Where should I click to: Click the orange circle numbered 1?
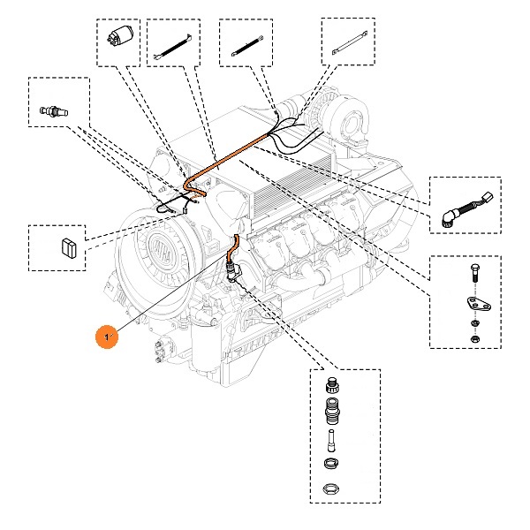click(107, 337)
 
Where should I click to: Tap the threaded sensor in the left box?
click(54, 112)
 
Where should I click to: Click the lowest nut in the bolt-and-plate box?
click(473, 337)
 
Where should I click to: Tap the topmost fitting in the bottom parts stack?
click(333, 386)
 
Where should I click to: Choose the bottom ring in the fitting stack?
click(332, 488)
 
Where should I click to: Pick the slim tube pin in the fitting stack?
click(332, 437)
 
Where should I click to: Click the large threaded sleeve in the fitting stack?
click(333, 411)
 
